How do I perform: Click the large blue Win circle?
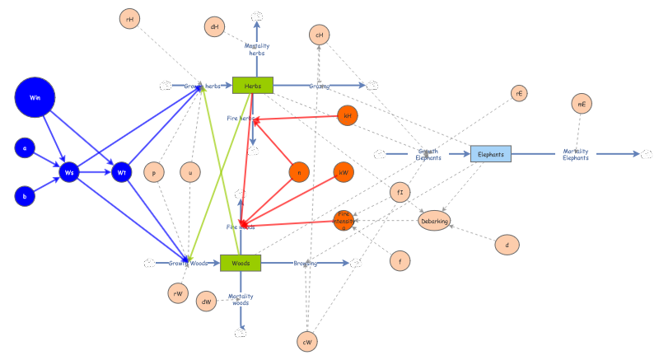click(x=35, y=97)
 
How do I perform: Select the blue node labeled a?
click(x=25, y=148)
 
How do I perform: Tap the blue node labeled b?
click(x=25, y=196)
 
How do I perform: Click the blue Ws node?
click(x=69, y=172)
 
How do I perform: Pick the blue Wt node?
click(x=121, y=172)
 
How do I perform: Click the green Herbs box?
click(x=252, y=85)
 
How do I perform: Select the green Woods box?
click(x=241, y=263)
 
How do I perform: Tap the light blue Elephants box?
click(x=491, y=153)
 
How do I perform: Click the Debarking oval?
click(x=434, y=221)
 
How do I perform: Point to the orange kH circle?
click(x=348, y=116)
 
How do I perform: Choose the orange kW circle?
click(x=344, y=171)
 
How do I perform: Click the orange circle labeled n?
click(x=299, y=171)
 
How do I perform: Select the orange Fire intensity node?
click(x=344, y=220)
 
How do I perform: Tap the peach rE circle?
click(x=519, y=93)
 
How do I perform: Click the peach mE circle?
click(x=582, y=104)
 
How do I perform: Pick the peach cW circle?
click(x=307, y=340)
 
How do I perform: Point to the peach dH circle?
click(x=214, y=27)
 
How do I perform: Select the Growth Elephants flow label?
click(x=428, y=154)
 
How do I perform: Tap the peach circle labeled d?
click(x=507, y=244)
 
